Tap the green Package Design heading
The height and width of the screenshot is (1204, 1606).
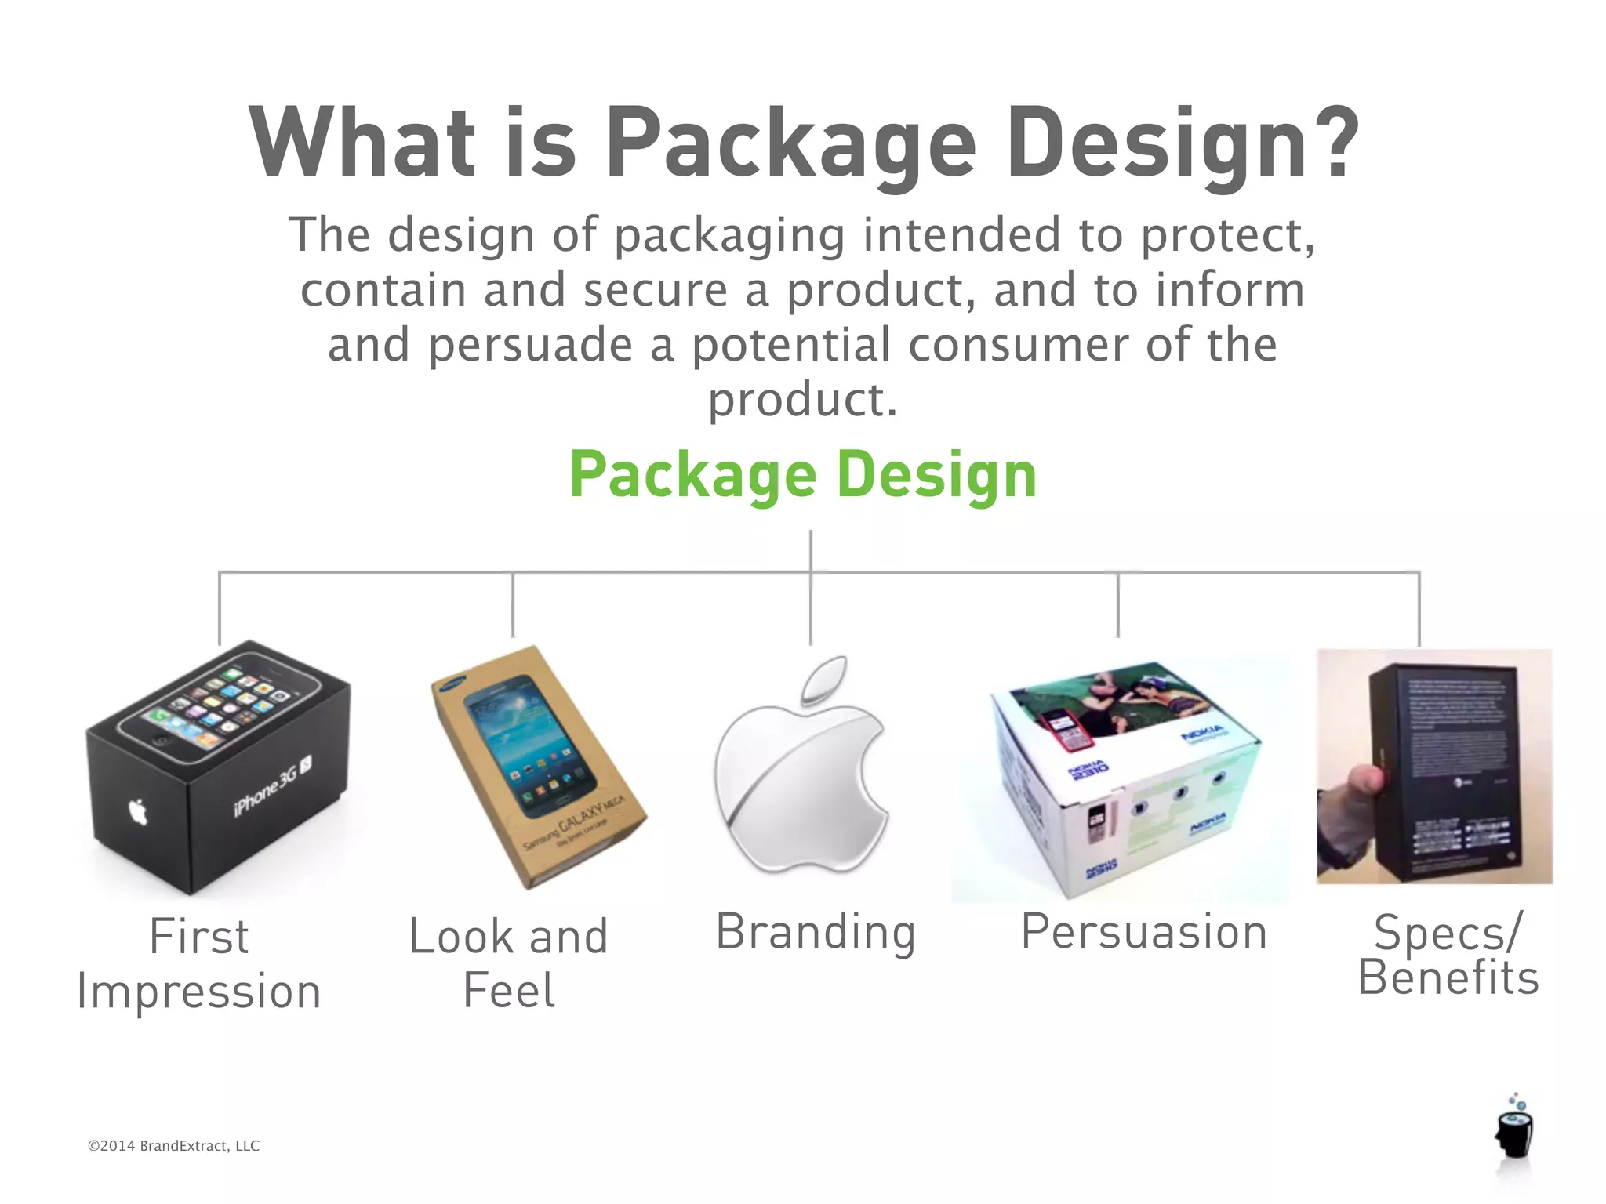(803, 476)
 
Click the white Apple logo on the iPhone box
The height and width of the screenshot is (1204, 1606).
(138, 812)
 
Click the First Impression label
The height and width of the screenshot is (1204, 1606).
(199, 964)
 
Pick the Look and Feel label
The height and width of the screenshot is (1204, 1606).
(508, 963)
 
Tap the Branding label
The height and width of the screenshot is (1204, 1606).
(816, 933)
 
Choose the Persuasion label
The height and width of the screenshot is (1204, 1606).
(1143, 933)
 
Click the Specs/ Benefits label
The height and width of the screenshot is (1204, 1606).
(1448, 955)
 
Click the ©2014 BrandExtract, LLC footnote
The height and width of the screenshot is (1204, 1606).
(173, 1146)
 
